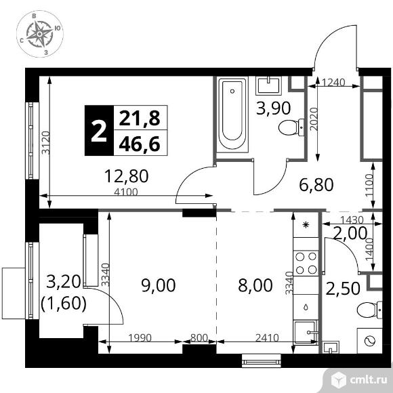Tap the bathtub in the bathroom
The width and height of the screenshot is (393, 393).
pos(233,117)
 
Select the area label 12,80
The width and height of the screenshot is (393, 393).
pos(126,178)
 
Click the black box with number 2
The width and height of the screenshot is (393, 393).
pos(99,131)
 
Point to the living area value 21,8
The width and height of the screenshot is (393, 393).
pos(140,119)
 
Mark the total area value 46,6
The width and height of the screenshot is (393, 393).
pos(140,144)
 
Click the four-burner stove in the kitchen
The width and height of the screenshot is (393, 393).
pos(306,262)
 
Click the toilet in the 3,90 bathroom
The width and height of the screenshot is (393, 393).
pos(292,126)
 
